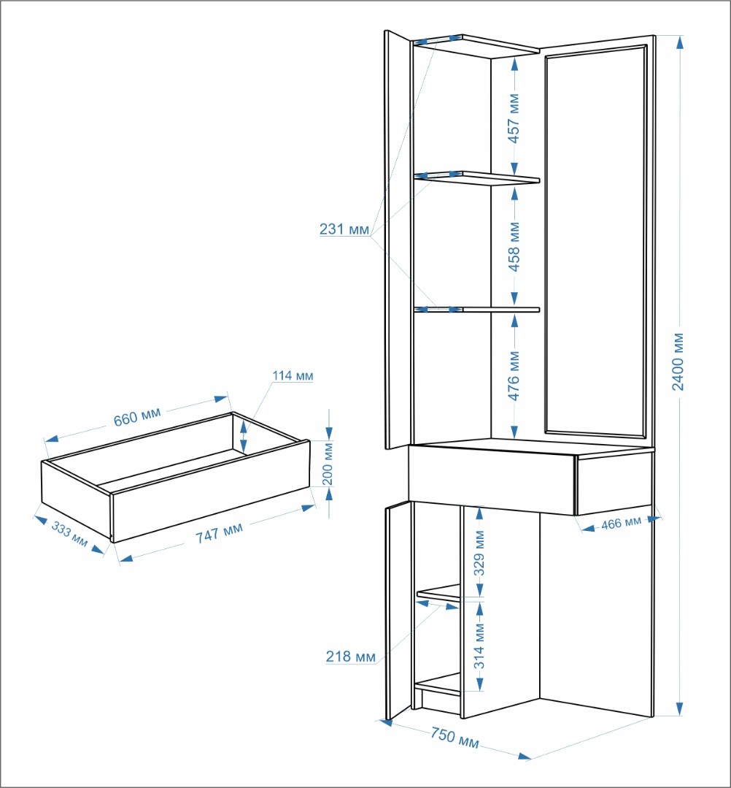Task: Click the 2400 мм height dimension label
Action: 678,362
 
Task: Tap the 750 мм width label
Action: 455,738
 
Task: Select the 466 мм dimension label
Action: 621,524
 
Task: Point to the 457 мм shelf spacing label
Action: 514,118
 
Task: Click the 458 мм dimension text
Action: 514,247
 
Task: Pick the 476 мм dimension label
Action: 514,375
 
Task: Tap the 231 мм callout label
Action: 344,229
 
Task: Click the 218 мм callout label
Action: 350,657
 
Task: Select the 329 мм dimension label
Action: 479,553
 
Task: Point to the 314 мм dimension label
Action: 479,646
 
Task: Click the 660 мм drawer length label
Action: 137,416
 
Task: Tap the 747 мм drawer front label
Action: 219,532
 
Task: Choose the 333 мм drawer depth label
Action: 70,534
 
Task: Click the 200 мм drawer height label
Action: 328,463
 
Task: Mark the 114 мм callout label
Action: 293,375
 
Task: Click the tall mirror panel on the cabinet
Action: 596,241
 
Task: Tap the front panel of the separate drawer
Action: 210,491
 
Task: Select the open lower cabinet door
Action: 398,610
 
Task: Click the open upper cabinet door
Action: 398,240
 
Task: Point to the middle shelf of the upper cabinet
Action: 477,178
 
